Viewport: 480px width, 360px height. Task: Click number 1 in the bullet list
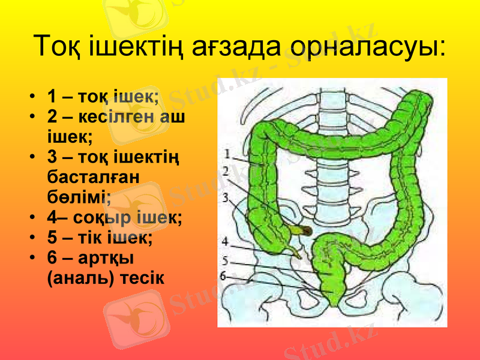click(52, 96)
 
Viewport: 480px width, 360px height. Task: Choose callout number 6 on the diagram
click(223, 276)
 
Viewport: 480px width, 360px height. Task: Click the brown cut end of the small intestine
click(305, 230)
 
